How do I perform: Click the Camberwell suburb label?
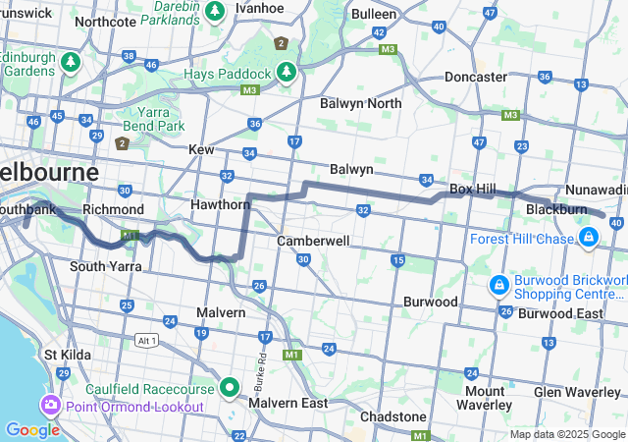click(x=313, y=241)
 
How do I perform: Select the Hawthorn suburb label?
click(x=221, y=204)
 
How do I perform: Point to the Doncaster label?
click(x=475, y=77)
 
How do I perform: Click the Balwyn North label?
click(x=360, y=103)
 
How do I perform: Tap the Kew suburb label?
click(x=201, y=149)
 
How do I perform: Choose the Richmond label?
click(x=113, y=209)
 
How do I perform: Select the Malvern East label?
click(x=288, y=403)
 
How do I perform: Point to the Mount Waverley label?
click(x=485, y=398)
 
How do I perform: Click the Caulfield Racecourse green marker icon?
click(x=230, y=387)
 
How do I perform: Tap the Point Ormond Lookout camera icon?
click(x=50, y=405)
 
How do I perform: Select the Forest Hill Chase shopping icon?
click(x=589, y=238)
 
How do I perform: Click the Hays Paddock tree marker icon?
click(x=286, y=72)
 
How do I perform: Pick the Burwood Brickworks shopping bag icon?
click(x=499, y=285)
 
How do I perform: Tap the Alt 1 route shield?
click(x=147, y=338)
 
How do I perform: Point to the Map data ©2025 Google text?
click(x=566, y=434)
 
